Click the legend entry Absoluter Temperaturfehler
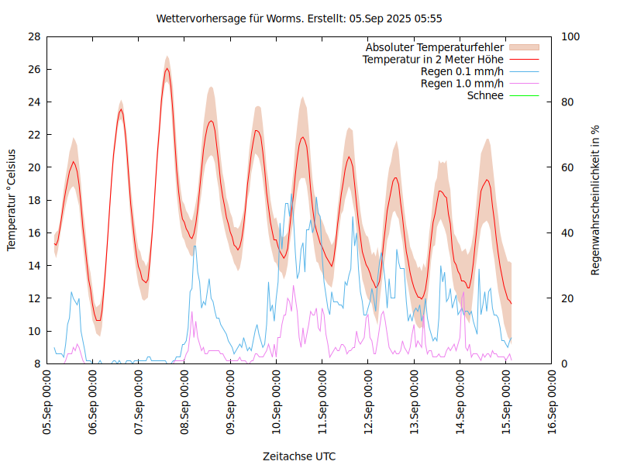point(435,47)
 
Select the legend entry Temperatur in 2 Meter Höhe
point(433,59)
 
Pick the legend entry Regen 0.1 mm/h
point(462,71)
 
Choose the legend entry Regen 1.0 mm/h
point(462,84)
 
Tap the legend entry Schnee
point(485,95)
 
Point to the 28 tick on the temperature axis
point(33,36)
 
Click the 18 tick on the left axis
point(33,200)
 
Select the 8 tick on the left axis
point(36,363)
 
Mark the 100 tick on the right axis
point(570,36)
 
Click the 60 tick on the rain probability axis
point(568,167)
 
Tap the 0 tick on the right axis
point(565,363)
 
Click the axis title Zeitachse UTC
point(299,456)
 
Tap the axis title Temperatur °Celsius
point(12,200)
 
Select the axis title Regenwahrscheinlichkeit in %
point(596,200)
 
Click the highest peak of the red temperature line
point(167,69)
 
